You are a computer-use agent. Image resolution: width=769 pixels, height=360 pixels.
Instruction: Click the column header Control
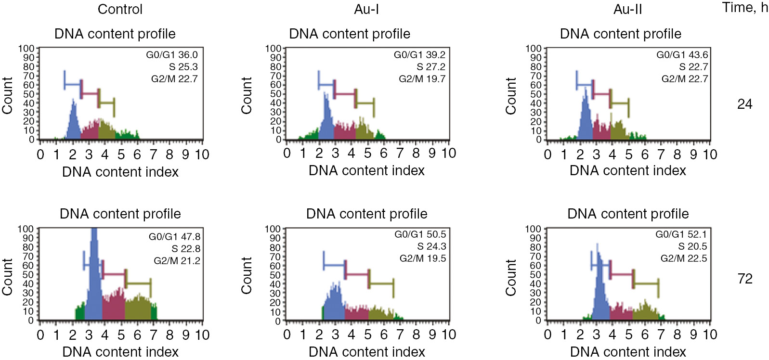click(x=120, y=9)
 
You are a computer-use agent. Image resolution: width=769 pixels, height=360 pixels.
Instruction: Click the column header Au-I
click(x=366, y=9)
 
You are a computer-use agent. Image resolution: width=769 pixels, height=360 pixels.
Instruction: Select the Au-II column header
click(x=627, y=9)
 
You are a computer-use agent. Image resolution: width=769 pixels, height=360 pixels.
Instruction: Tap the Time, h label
click(x=744, y=8)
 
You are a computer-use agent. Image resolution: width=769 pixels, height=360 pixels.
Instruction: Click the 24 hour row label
click(x=744, y=104)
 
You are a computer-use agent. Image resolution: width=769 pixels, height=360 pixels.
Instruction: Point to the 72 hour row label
click(x=744, y=279)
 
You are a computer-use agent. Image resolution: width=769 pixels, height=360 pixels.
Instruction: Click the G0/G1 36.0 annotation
click(x=172, y=55)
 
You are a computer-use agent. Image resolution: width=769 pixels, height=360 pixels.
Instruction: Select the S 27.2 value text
click(x=431, y=67)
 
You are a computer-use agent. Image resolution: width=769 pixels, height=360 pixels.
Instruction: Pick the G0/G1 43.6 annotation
click(x=682, y=55)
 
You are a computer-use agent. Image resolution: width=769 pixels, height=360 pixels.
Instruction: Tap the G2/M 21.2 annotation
click(x=177, y=261)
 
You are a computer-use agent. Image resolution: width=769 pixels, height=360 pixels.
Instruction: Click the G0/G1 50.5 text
click(x=420, y=234)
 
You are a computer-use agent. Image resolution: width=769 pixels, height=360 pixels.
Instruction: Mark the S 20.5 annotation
click(x=692, y=246)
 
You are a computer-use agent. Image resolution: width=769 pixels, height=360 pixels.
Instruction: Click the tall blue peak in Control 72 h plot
click(x=94, y=279)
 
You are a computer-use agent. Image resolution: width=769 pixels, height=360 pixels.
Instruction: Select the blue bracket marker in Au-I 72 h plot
click(x=334, y=265)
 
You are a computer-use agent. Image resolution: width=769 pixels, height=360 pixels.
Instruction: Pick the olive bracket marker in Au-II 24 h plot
click(x=619, y=103)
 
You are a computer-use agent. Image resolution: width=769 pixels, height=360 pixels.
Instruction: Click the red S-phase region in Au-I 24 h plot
click(x=344, y=132)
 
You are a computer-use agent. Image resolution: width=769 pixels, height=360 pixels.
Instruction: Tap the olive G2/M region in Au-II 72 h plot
click(x=645, y=312)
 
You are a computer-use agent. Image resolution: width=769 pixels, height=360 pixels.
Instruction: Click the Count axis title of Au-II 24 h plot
click(x=510, y=95)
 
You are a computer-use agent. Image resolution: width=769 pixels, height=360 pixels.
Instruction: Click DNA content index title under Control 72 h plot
click(x=120, y=352)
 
